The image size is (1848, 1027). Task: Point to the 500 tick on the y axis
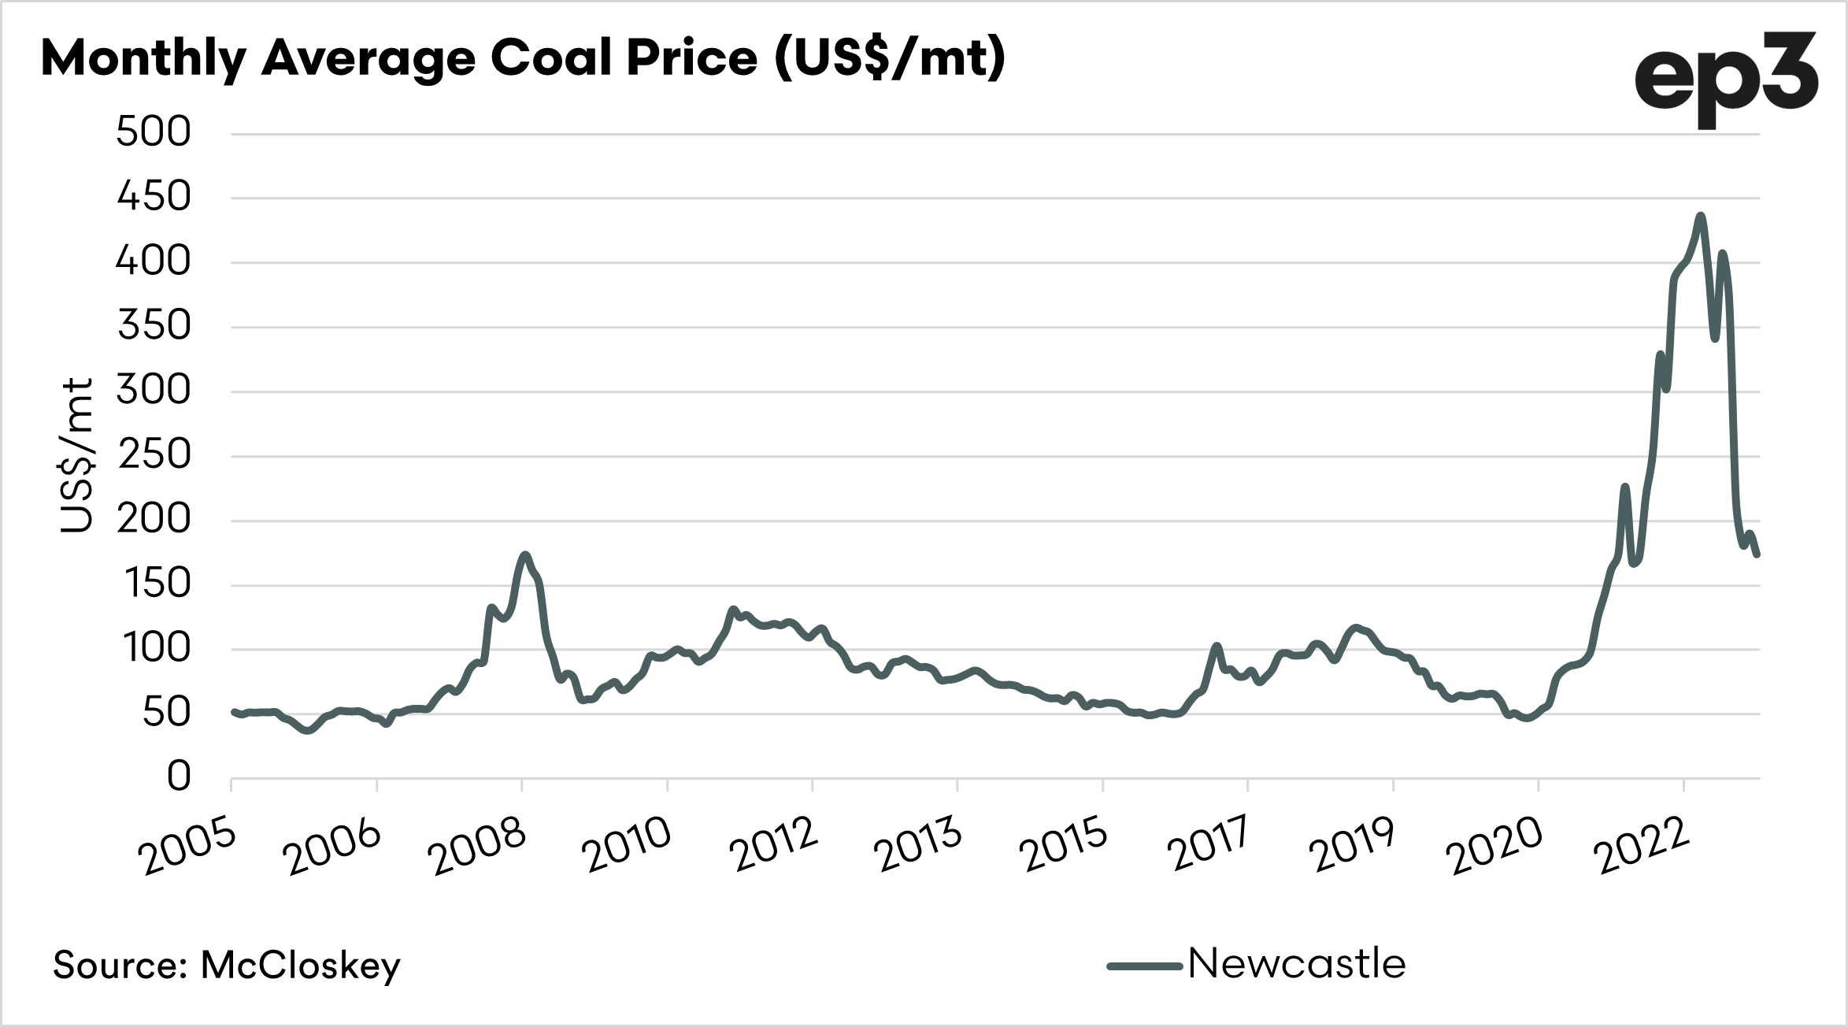154,132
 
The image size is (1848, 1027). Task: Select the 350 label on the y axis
154,326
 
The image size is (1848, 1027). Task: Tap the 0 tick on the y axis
179,777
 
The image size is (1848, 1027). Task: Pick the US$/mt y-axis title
77,455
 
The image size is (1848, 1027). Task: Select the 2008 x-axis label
479,847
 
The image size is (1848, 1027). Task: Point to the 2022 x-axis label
1642,847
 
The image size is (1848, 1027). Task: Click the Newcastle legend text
1296,964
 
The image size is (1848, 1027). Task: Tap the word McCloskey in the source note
300,966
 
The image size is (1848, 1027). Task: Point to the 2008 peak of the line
525,554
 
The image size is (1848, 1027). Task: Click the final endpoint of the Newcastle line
1757,554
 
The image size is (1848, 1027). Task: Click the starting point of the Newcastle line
233,711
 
